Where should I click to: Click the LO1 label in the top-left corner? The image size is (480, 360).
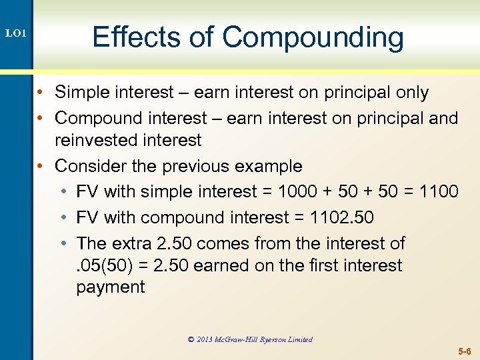(x=15, y=32)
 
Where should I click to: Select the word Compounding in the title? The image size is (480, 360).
(x=313, y=37)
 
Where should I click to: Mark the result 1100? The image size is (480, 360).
(x=439, y=191)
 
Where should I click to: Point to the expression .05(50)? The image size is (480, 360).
(x=101, y=265)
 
